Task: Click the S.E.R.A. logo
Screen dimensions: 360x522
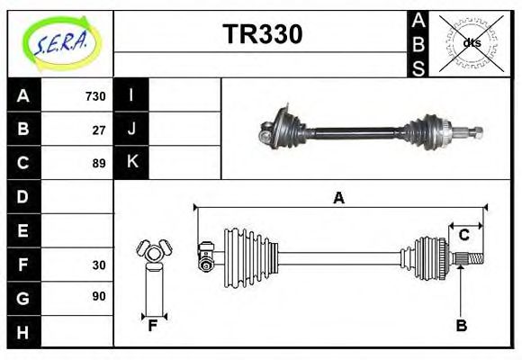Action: [x=58, y=42]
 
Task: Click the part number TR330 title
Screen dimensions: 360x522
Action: [x=262, y=33]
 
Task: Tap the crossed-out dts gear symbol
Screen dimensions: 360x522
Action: [x=472, y=42]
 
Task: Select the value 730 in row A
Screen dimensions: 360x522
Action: [x=95, y=95]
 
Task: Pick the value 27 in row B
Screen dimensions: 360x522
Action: [x=99, y=129]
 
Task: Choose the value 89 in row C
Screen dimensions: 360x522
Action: [x=99, y=163]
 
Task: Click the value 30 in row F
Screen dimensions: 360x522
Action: [x=99, y=265]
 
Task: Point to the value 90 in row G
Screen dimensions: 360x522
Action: [x=99, y=296]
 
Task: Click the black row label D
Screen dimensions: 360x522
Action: [x=22, y=196]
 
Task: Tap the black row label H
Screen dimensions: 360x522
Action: [x=22, y=332]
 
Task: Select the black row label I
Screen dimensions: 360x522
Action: [x=131, y=95]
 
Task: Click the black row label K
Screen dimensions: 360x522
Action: [x=131, y=163]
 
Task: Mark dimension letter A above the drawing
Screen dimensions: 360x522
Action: [x=339, y=199]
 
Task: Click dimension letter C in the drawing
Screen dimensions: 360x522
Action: [x=464, y=235]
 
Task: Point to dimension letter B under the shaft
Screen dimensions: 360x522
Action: [x=462, y=326]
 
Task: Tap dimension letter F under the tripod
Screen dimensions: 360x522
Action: [x=153, y=325]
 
